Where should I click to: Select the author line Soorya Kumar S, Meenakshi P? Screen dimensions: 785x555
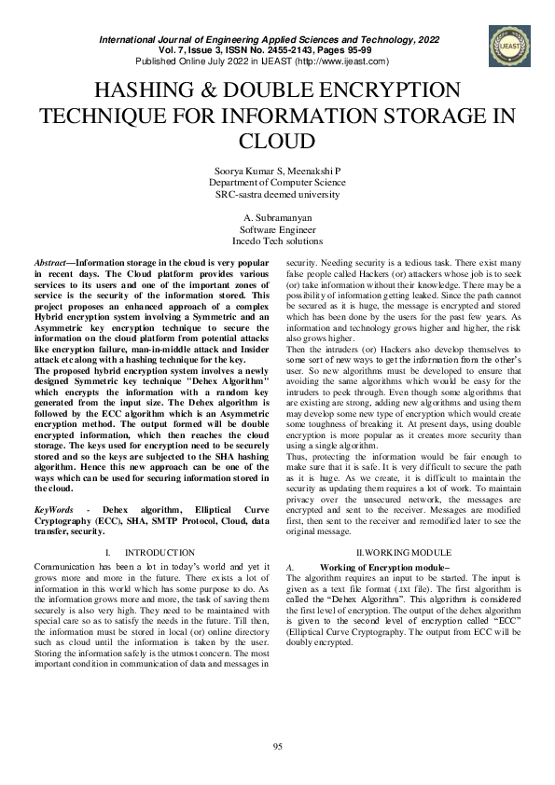coord(277,170)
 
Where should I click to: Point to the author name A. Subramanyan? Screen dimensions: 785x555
coord(277,216)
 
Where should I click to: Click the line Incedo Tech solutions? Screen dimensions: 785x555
coord(277,240)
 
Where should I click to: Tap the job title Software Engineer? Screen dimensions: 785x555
coord(277,228)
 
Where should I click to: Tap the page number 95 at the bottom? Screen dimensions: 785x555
coord(277,744)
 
